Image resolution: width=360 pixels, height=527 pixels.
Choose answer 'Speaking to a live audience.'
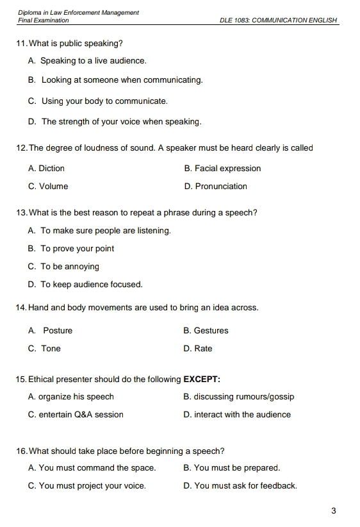point(94,61)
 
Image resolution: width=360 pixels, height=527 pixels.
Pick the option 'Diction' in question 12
point(51,169)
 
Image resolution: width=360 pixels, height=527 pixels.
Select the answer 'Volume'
point(53,187)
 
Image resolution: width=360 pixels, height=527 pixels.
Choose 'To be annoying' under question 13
point(70,267)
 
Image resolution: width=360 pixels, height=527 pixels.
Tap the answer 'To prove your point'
point(77,249)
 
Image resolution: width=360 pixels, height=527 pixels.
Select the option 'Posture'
point(58,331)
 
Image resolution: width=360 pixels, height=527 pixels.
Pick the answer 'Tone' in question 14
point(51,349)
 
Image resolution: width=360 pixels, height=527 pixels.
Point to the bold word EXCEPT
point(202,380)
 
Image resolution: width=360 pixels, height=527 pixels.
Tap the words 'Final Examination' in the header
point(44,21)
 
